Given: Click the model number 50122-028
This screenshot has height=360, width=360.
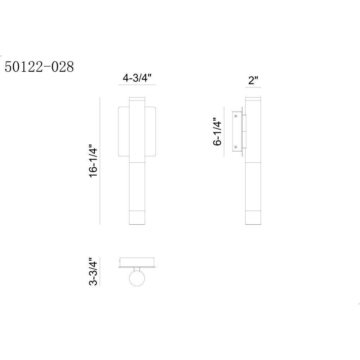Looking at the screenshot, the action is point(39,67).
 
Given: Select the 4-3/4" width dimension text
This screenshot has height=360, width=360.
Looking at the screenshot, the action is point(137,78).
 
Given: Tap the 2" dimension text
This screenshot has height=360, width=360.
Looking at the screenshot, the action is point(253,80).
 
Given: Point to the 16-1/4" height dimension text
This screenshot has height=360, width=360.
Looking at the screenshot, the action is point(94,161).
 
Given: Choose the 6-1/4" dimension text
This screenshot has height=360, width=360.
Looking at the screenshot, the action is point(217,131).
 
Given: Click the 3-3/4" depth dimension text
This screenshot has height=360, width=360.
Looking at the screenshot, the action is point(93,271).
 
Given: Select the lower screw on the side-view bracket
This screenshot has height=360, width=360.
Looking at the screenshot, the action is point(235,147).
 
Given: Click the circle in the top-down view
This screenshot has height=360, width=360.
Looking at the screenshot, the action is point(137,278).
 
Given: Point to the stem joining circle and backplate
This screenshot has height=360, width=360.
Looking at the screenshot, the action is point(137,269).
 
